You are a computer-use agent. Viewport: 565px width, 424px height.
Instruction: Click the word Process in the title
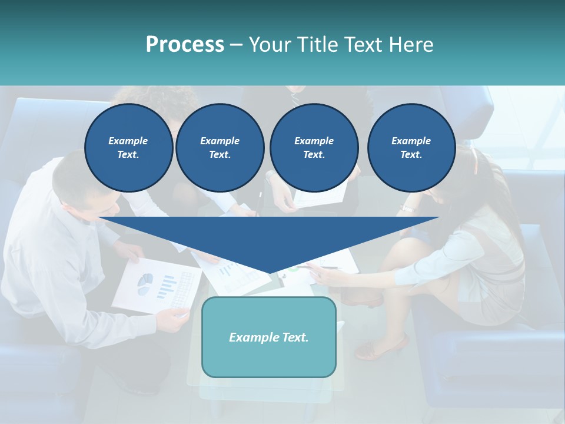pyautogui.click(x=185, y=45)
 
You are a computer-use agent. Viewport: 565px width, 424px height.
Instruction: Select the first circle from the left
pyautogui.click(x=128, y=147)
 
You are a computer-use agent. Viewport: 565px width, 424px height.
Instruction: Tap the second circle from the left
pyautogui.click(x=220, y=147)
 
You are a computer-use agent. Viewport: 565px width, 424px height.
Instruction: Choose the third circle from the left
pyautogui.click(x=314, y=147)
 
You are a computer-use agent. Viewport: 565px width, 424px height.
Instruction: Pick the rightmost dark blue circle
pyautogui.click(x=411, y=147)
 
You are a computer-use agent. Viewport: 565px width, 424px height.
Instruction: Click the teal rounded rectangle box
pyautogui.click(x=268, y=337)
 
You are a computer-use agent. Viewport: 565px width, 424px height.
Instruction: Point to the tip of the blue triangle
pyautogui.click(x=269, y=273)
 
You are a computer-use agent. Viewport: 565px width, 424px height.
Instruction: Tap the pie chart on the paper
pyautogui.click(x=145, y=284)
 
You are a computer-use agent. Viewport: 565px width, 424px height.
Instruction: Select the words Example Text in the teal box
pyautogui.click(x=268, y=337)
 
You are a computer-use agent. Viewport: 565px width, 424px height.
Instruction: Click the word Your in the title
pyautogui.click(x=270, y=45)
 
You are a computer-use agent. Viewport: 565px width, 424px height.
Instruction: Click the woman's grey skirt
pyautogui.click(x=500, y=294)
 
